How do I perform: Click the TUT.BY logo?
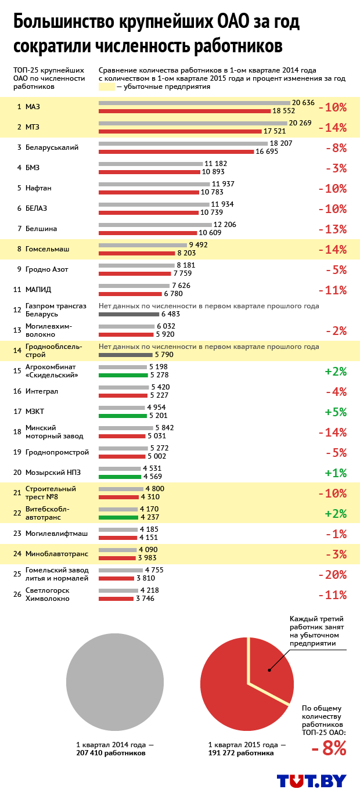click(311, 781)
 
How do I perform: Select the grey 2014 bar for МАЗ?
click(194, 103)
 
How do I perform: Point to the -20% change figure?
click(332, 575)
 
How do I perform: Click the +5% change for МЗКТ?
click(336, 412)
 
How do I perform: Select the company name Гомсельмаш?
click(47, 249)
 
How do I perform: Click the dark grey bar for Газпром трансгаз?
click(125, 314)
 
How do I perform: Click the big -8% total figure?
click(329, 749)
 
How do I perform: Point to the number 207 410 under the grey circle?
click(92, 753)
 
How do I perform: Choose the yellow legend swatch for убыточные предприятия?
click(107, 87)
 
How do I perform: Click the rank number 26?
click(17, 594)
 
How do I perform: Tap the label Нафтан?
click(38, 188)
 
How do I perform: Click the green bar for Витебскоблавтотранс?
click(118, 517)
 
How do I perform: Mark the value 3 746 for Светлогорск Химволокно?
click(145, 599)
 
